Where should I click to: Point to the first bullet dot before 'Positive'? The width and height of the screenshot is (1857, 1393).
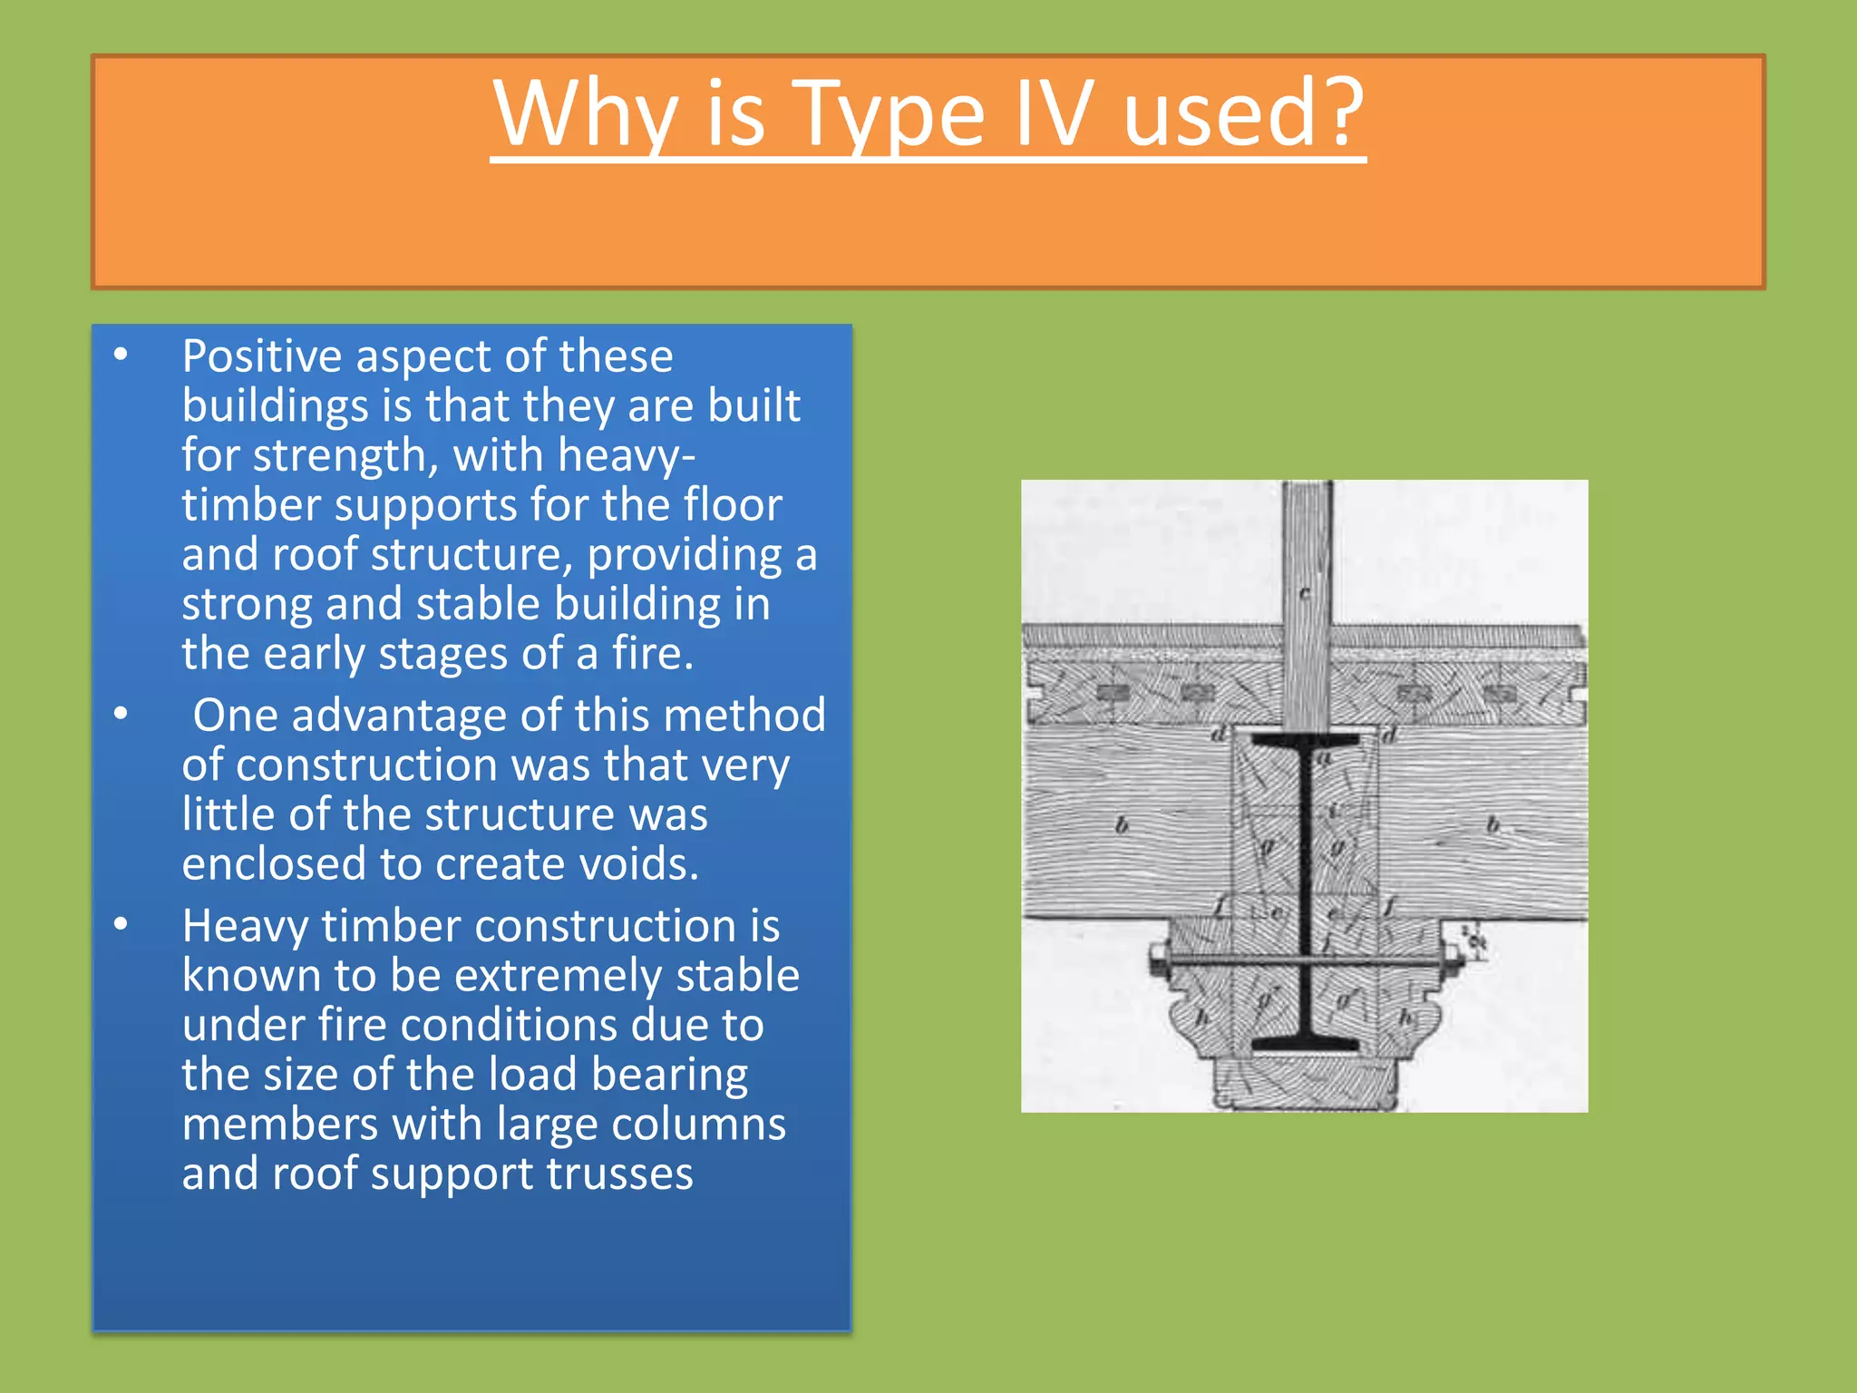coord(122,356)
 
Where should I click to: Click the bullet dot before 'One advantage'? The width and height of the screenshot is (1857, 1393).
coord(122,715)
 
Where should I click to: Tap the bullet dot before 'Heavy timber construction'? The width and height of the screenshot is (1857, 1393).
coord(122,925)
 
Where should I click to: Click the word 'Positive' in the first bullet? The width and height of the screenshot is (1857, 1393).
coord(258,356)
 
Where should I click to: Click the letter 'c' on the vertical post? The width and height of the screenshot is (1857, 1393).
coord(1305,595)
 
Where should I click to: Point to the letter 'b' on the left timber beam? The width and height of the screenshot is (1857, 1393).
coord(1122,825)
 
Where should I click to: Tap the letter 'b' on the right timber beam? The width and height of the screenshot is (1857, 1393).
coord(1492,825)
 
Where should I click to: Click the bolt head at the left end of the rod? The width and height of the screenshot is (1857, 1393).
coord(1158,959)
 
